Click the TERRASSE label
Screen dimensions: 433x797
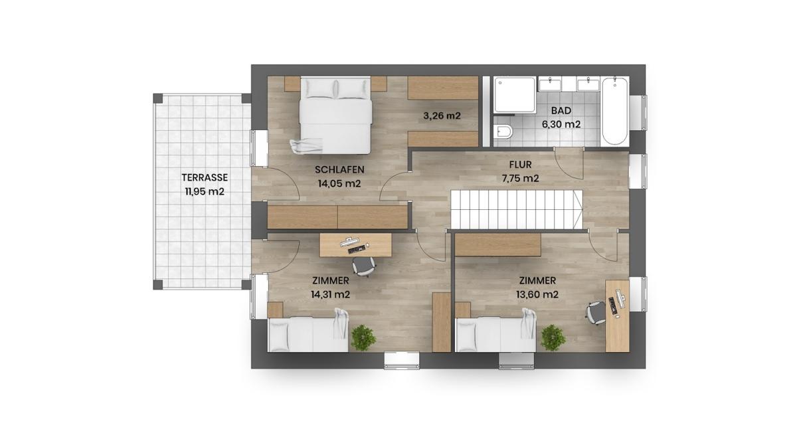206,177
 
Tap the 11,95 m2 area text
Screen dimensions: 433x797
205,192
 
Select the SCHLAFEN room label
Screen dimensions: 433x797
339,169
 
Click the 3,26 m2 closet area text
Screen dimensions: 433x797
442,116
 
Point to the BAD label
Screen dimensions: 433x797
561,111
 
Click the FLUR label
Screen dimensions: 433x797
520,164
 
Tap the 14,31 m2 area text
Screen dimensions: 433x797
330,294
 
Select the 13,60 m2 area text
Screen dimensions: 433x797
537,294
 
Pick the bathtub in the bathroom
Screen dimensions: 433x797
614,111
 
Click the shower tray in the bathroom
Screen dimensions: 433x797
514,96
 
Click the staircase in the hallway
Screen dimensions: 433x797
516,208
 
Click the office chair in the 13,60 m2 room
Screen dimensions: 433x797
596,311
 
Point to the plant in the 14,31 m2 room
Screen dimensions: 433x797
363,337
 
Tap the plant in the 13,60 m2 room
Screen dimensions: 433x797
553,337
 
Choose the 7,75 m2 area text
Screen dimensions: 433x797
520,178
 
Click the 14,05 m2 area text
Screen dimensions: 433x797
339,184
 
